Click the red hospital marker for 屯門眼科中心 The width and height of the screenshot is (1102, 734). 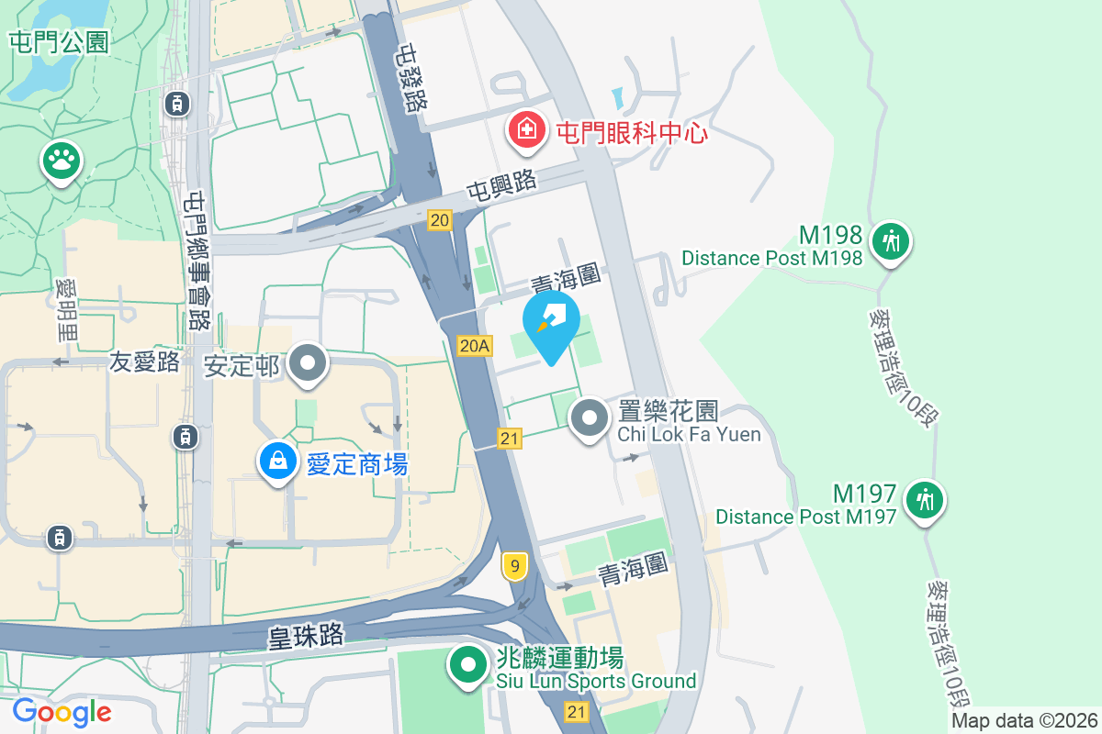click(524, 129)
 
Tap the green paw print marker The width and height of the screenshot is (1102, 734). click(62, 161)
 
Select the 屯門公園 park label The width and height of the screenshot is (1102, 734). click(60, 41)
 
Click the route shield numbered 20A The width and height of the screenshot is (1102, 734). click(475, 346)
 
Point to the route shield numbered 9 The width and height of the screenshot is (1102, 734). click(515, 567)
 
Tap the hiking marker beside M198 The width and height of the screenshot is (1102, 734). click(889, 242)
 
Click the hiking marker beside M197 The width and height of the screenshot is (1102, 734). click(924, 500)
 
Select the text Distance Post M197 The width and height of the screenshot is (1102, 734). click(805, 517)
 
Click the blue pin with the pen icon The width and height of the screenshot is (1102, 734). click(551, 321)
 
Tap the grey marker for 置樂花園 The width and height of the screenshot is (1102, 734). click(590, 419)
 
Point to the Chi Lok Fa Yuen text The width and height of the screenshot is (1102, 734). click(689, 434)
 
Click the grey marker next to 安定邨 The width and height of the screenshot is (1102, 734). click(308, 364)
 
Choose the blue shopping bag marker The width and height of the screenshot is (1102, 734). click(277, 462)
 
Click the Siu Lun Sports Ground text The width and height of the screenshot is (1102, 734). click(596, 681)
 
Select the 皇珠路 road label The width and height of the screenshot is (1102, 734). click(307, 635)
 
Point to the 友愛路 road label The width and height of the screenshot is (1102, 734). click(145, 361)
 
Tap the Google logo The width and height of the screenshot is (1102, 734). click(62, 712)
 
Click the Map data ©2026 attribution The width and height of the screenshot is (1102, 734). click(1025, 721)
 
